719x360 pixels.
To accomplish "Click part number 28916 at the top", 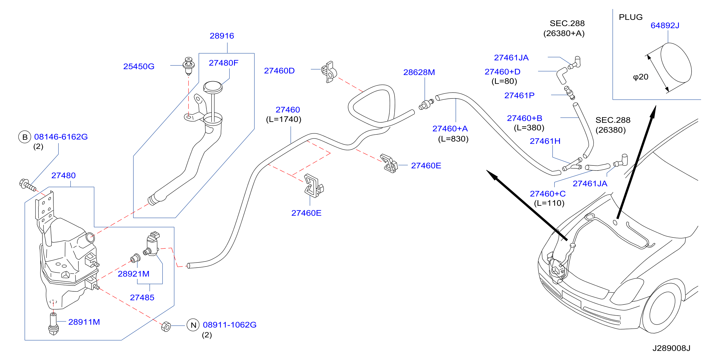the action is (222, 36).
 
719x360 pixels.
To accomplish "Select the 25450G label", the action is (139, 66).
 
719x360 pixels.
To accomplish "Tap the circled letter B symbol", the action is (25, 137).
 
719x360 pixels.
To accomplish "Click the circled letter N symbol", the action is (193, 325).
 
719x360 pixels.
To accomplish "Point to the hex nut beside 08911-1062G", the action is (166, 327).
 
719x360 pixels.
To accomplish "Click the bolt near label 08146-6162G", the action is (28, 185).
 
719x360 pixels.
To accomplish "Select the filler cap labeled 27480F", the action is (213, 87).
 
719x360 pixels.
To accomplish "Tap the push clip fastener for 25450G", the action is (189, 66).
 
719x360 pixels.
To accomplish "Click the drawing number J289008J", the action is (671, 348).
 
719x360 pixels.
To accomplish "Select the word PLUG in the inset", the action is (630, 17).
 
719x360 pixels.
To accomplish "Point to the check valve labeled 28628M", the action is (426, 104).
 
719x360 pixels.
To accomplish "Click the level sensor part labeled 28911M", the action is (53, 324).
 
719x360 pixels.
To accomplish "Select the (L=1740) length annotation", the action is (284, 119).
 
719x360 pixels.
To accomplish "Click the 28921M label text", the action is (133, 274).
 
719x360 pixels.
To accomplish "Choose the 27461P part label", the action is (519, 95).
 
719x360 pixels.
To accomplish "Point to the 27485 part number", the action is (142, 297).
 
